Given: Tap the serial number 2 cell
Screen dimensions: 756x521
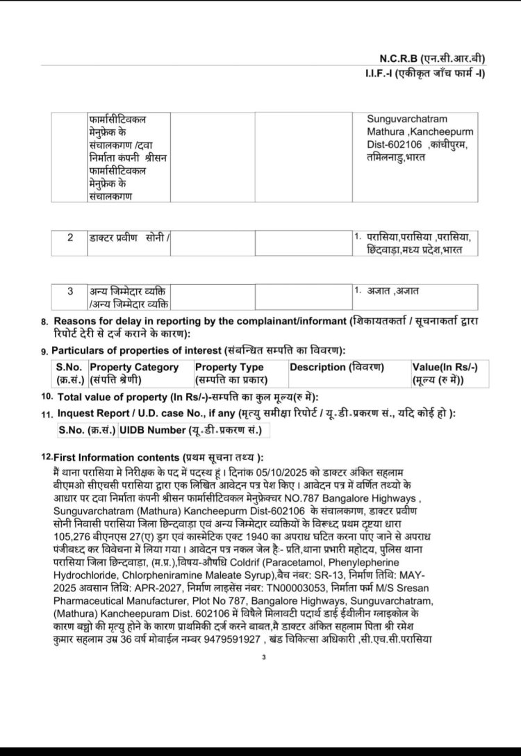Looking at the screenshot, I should [70, 238].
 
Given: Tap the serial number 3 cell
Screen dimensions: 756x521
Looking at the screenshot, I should [70, 290].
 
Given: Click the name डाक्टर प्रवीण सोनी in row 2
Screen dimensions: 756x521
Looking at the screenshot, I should [125, 238].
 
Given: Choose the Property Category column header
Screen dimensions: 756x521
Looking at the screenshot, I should [134, 367].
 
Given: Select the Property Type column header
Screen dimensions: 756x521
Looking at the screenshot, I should [229, 367].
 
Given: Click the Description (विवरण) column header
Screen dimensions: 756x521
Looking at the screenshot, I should [337, 367].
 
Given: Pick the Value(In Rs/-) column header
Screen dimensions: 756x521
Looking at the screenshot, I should [449, 367].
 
